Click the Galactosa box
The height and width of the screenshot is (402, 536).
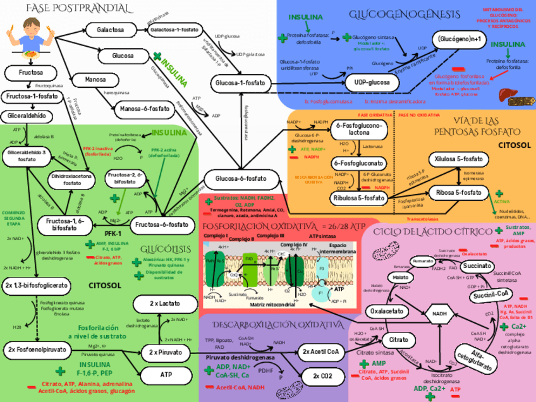pyautogui.click(x=110, y=30)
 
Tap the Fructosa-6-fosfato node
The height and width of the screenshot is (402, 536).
pyautogui.click(x=162, y=224)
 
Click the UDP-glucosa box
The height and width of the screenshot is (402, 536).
pyautogui.click(x=372, y=83)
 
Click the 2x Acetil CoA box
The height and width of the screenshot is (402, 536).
pyautogui.click(x=320, y=351)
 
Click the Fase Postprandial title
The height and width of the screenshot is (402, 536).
pyautogui.click(x=70, y=8)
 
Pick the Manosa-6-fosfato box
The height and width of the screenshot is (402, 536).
pyautogui.click(x=145, y=109)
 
